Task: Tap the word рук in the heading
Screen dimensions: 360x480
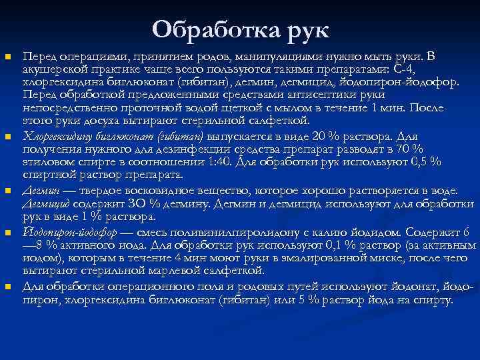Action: pos(305,29)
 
